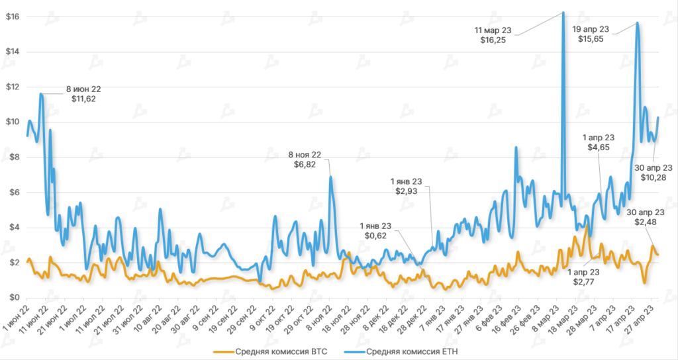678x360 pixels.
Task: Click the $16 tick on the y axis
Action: pyautogui.click(x=13, y=17)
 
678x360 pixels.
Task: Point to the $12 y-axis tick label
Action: pyautogui.click(x=13, y=87)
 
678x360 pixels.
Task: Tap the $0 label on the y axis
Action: pyautogui.click(x=15, y=298)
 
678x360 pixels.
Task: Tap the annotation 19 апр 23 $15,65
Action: pyautogui.click(x=591, y=34)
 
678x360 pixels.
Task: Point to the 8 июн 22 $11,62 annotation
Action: pyautogui.click(x=83, y=94)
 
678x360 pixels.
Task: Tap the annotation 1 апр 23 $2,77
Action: pyautogui.click(x=585, y=277)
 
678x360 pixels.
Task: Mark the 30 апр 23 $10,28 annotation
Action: pyautogui.click(x=654, y=173)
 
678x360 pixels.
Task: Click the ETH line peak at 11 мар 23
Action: pyautogui.click(x=563, y=12)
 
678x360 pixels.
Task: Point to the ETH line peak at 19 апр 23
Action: pyautogui.click(x=637, y=23)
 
